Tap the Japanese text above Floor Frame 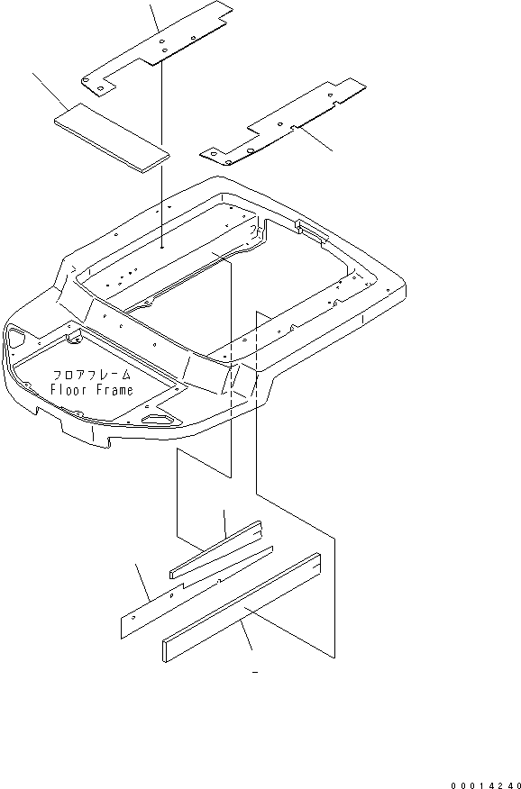tap(92, 375)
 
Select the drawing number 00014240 tap(485, 785)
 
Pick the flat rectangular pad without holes tap(111, 139)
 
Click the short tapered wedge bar tap(215, 549)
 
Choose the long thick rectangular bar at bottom tap(242, 607)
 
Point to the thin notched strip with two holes tap(197, 593)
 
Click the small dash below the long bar tap(255, 672)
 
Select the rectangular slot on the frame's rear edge tap(313, 229)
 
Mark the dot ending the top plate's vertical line tap(162, 247)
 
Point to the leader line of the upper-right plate tap(316, 140)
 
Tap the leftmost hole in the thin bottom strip tap(133, 618)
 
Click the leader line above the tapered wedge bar tap(224, 523)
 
